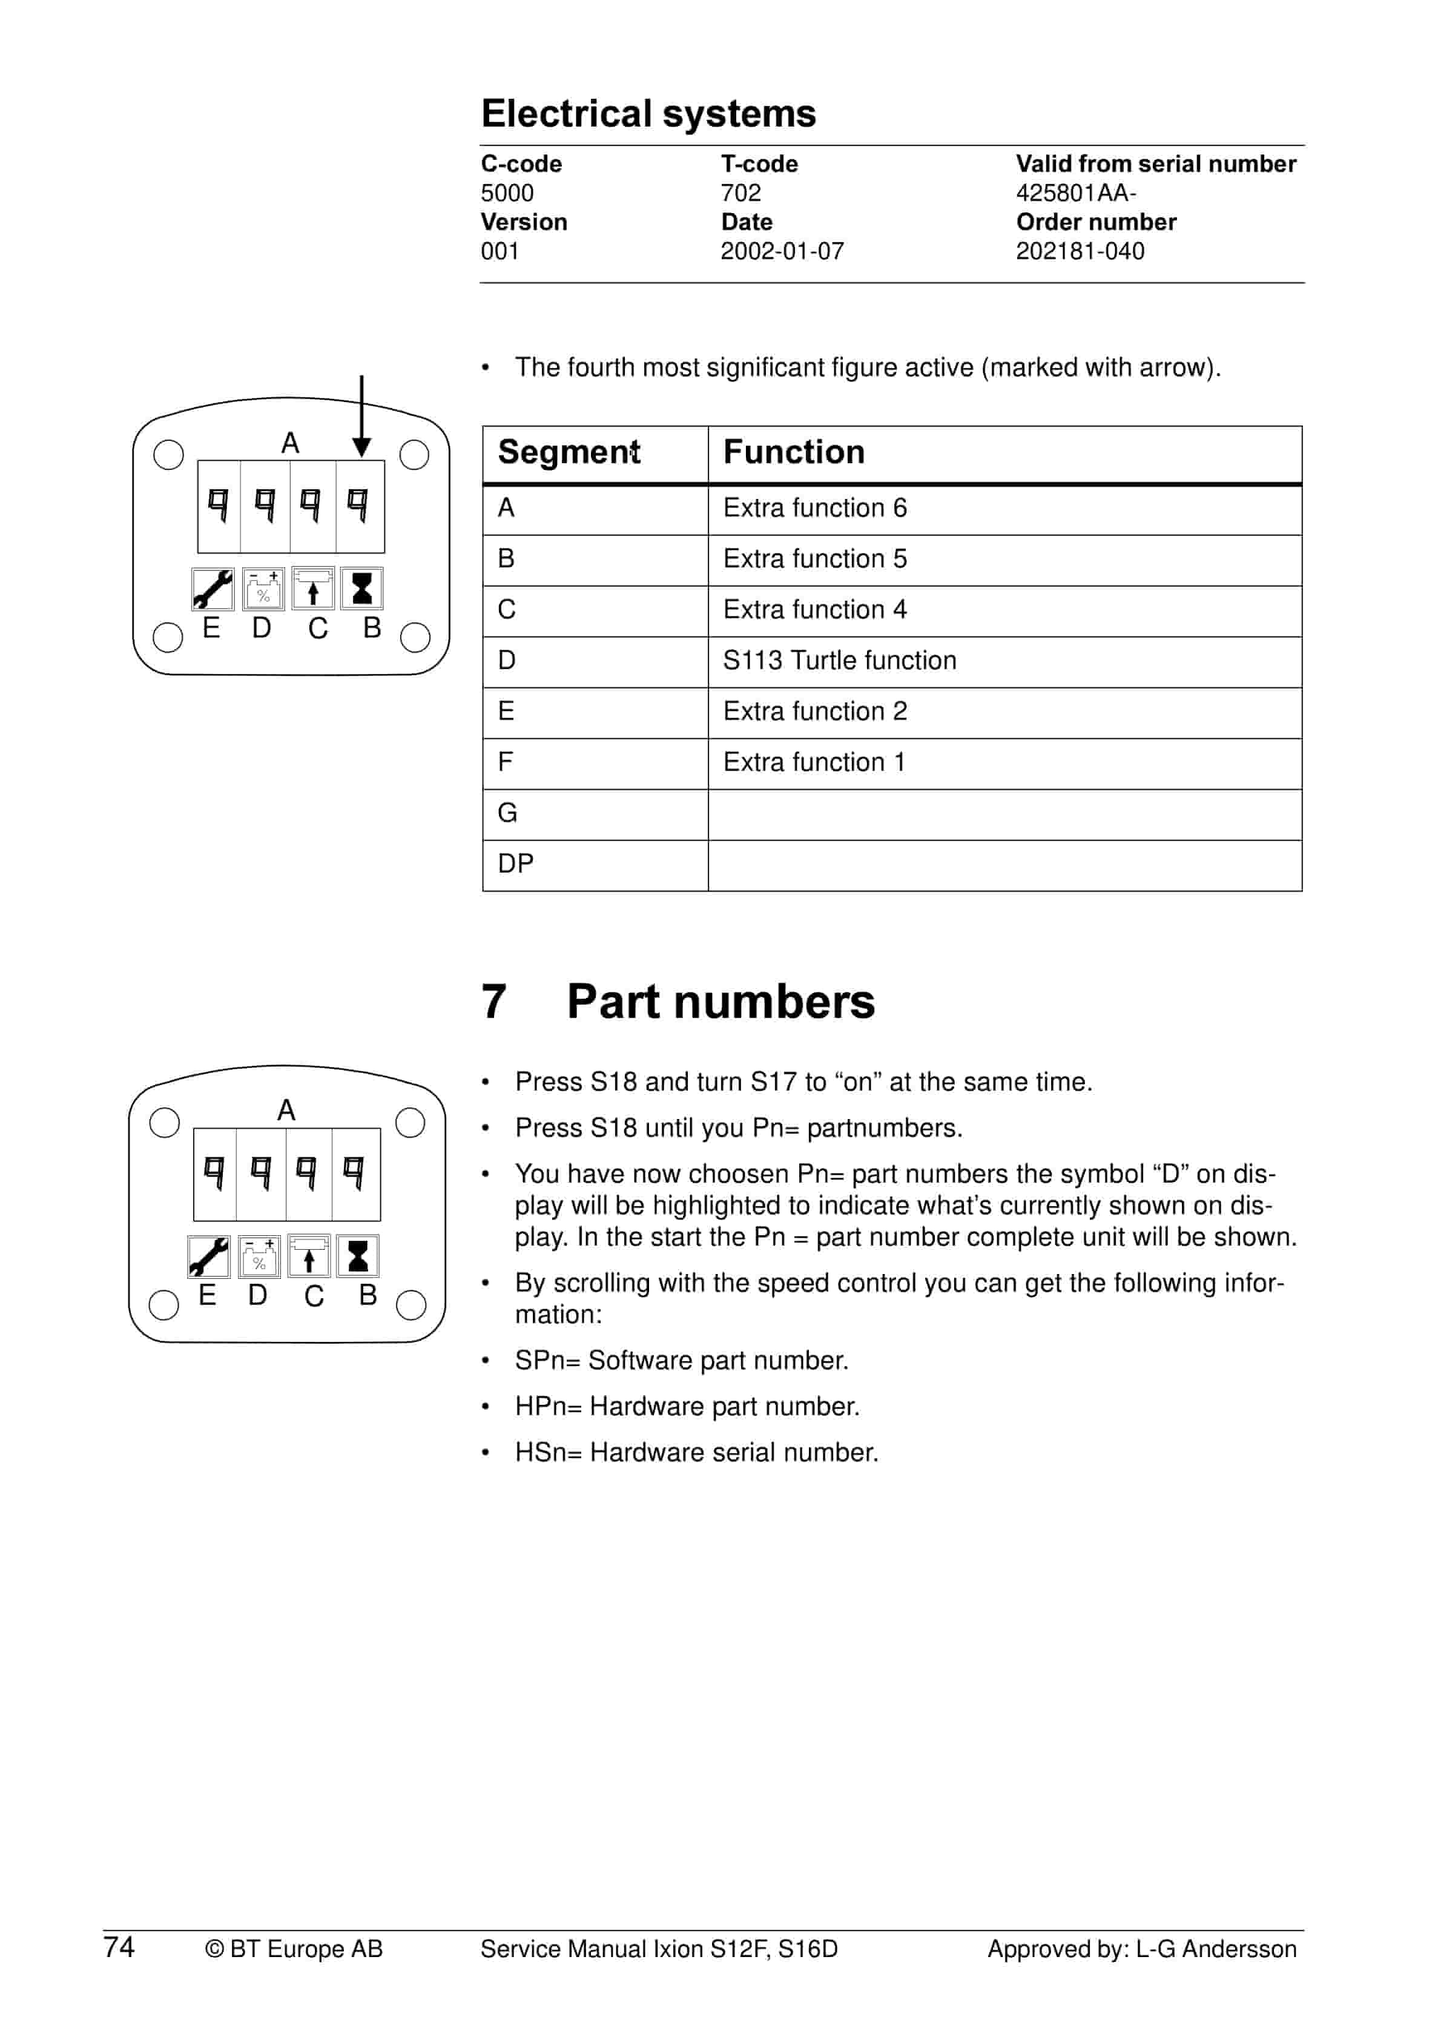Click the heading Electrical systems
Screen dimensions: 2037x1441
coord(648,114)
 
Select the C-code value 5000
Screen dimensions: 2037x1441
coord(507,193)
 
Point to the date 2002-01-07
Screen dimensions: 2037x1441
coord(782,252)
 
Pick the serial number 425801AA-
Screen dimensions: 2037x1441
coord(1075,193)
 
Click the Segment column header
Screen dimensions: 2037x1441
coord(569,452)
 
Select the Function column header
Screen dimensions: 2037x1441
coord(793,452)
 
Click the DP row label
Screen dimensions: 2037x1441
coord(515,864)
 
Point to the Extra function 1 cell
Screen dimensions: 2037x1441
coord(814,763)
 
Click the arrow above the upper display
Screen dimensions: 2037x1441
coord(361,417)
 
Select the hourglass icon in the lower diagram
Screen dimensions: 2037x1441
coord(358,1257)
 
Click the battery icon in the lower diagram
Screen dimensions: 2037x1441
coord(259,1257)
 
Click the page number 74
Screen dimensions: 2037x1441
coord(119,1947)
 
